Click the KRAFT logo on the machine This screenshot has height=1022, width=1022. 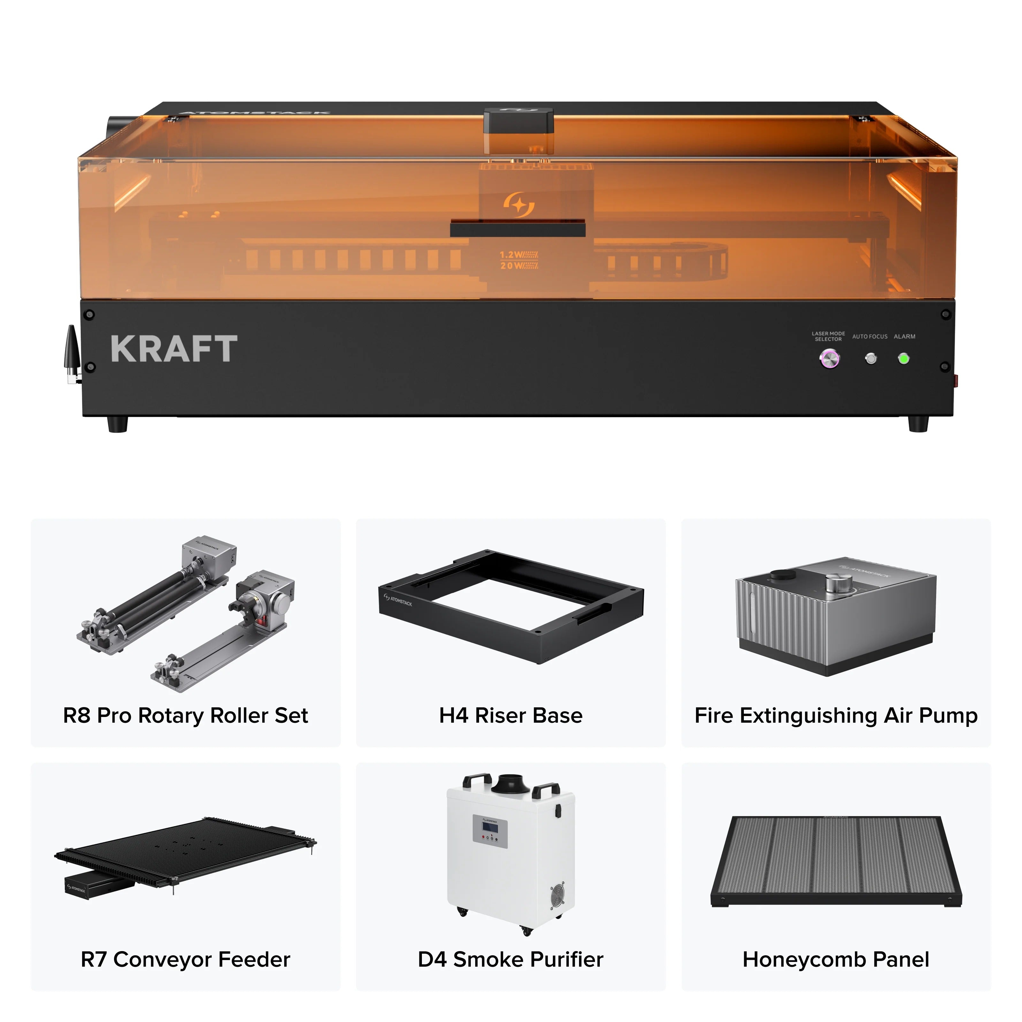[x=174, y=349]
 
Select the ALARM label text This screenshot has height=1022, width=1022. [x=904, y=336]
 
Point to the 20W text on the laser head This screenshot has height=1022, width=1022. [x=518, y=265]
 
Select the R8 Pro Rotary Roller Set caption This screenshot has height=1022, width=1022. [x=185, y=716]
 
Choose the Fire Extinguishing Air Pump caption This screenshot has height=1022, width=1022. [x=836, y=716]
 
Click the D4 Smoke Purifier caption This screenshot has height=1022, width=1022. [x=510, y=960]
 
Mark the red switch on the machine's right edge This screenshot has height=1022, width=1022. [x=955, y=379]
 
